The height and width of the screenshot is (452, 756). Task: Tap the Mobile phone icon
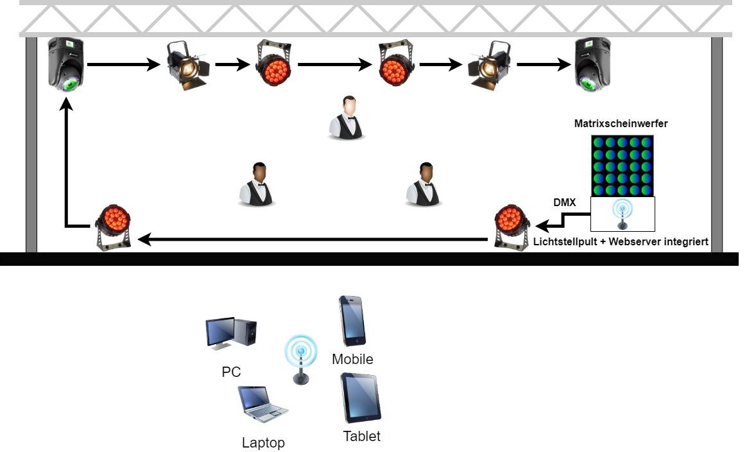[352, 320]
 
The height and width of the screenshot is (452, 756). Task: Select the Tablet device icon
[361, 398]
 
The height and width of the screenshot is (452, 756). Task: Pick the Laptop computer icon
[262, 404]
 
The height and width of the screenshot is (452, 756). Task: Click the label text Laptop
[263, 442]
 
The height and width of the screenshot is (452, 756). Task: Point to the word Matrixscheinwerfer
[621, 124]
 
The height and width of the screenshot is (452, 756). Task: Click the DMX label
[565, 203]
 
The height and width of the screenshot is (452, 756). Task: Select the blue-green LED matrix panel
[622, 166]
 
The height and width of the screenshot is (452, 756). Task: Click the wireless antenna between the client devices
[300, 359]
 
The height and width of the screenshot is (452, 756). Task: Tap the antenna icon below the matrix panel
[622, 214]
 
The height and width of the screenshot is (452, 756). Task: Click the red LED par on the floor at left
[114, 227]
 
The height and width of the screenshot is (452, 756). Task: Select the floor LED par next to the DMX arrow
[511, 227]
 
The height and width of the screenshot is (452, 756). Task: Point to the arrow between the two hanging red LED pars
[335, 64]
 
